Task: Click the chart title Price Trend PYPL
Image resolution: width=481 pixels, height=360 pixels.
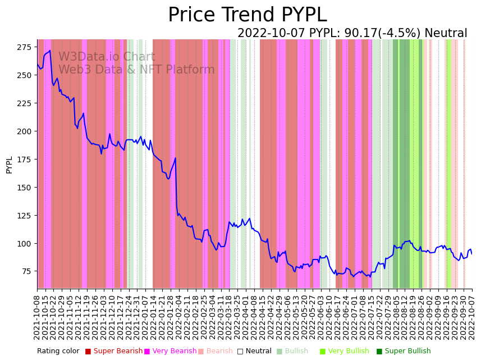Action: pos(247,15)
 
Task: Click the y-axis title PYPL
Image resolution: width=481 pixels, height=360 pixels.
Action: pos(9,165)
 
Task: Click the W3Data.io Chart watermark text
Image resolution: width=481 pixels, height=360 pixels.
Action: pos(107,57)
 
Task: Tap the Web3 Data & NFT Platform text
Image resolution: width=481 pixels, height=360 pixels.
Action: pos(136,70)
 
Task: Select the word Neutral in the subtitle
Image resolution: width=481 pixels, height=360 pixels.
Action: pos(446,34)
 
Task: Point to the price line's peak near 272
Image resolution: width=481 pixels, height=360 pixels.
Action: pos(50,51)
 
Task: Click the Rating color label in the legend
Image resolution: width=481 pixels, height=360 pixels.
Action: pos(58,352)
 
